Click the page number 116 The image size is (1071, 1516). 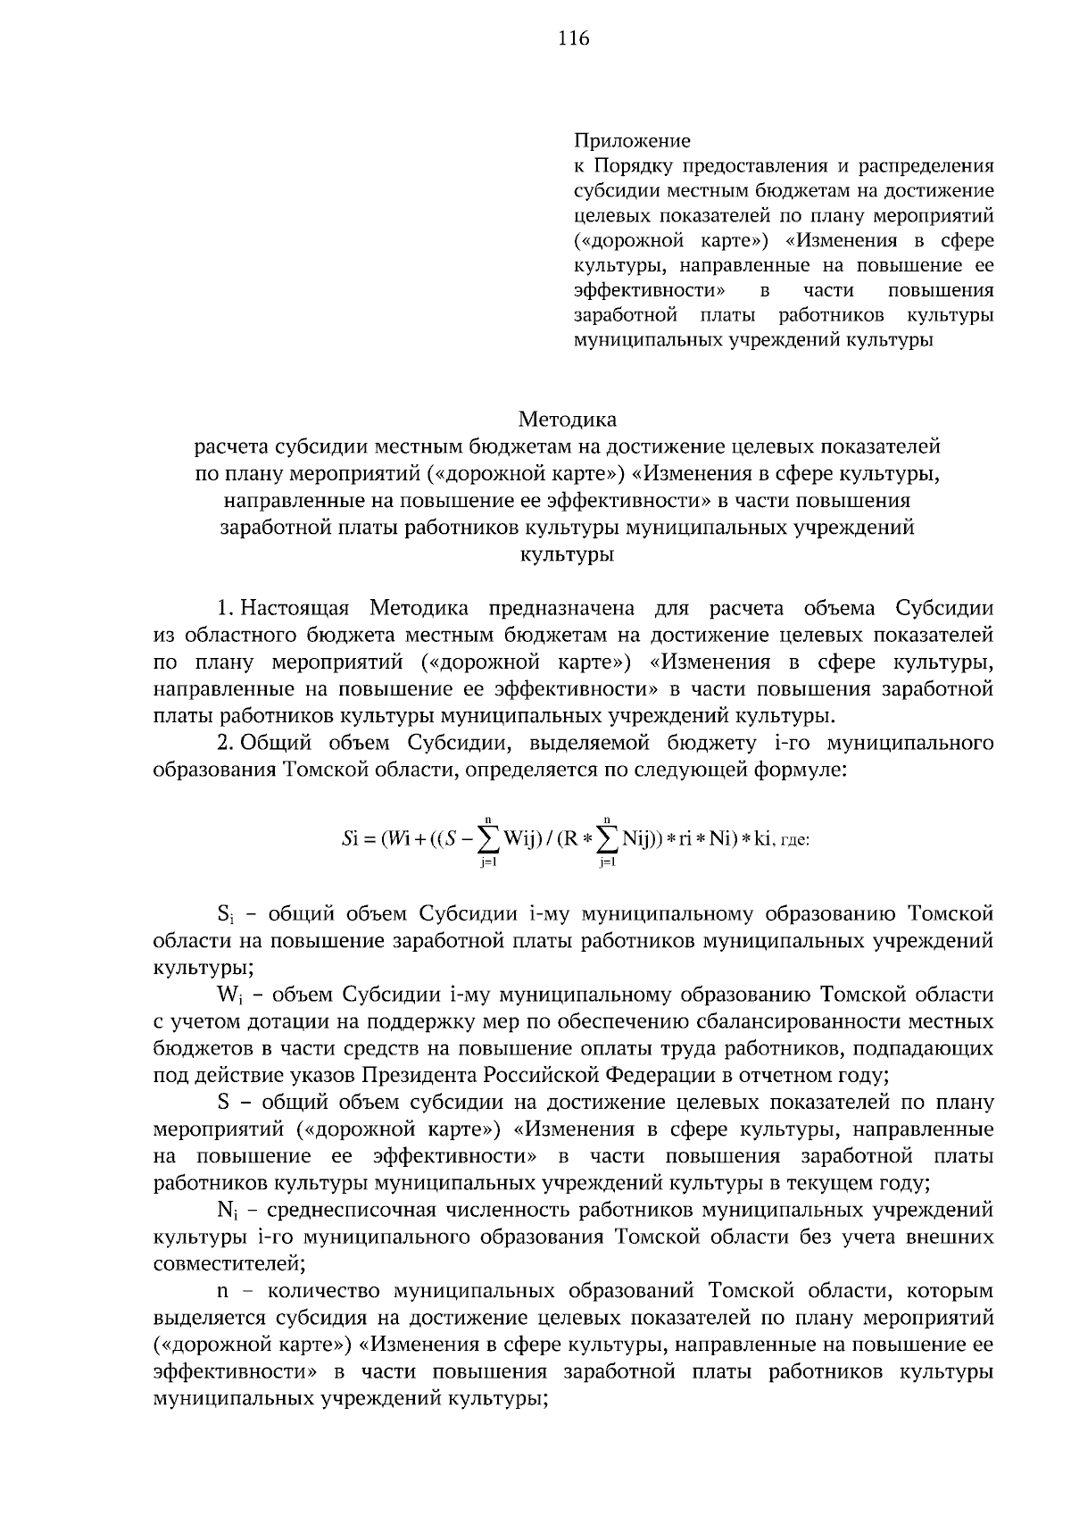[574, 38]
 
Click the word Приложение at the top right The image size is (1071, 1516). [632, 140]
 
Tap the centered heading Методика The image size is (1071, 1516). [568, 418]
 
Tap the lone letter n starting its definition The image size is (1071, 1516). [222, 1292]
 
